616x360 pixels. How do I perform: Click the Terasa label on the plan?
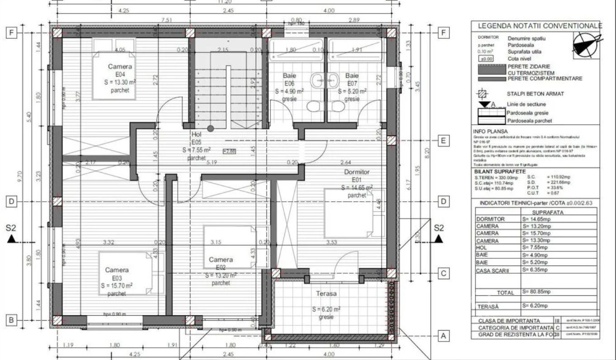click(x=326, y=294)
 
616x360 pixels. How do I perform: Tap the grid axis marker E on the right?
click(x=444, y=141)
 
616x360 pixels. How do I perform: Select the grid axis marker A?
click(x=444, y=336)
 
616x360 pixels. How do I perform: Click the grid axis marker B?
click(x=12, y=321)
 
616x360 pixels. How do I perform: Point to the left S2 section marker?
click(x=12, y=233)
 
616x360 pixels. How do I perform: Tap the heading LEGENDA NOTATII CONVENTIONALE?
click(x=540, y=26)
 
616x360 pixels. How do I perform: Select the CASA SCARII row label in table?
click(x=493, y=270)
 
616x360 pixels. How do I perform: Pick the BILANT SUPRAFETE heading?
click(x=499, y=171)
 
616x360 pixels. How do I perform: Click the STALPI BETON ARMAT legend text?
click(x=535, y=94)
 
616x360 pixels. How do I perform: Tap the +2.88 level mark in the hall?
click(x=229, y=152)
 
